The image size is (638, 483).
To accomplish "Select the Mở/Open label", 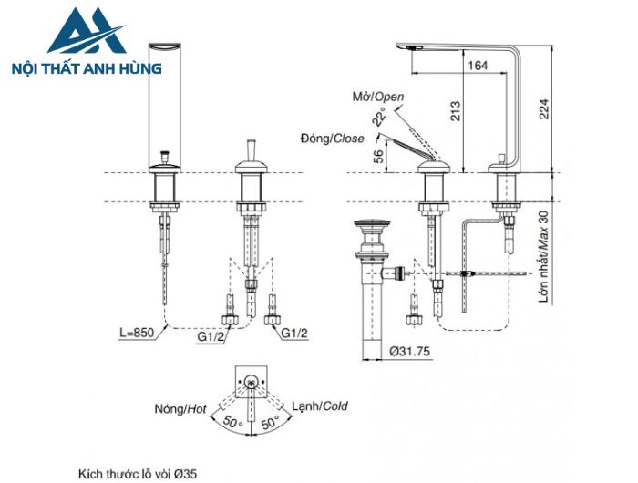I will click(x=377, y=97).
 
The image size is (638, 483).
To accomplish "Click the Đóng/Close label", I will click(x=332, y=139).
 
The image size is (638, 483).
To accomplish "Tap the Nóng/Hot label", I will click(x=180, y=409).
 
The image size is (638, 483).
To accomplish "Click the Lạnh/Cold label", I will click(x=320, y=406).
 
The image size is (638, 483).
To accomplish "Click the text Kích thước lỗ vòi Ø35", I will click(x=138, y=473).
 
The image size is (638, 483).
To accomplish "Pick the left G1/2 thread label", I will click(x=212, y=335).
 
